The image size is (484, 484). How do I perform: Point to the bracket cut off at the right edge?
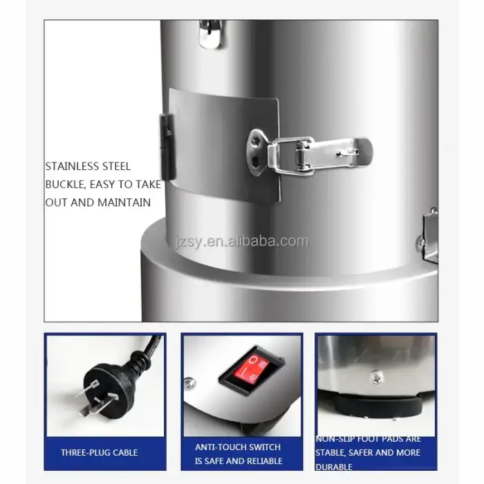point(429,235)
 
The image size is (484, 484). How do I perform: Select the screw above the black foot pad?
point(376,376)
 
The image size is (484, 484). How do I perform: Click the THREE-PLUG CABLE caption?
point(99,453)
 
